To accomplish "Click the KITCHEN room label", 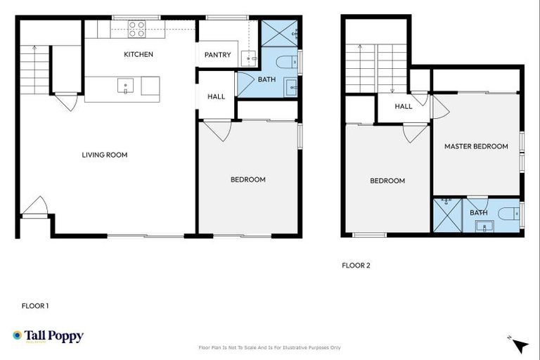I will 138,54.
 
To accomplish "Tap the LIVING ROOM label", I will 105,155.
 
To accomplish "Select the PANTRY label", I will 217,55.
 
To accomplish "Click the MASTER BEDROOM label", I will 475,146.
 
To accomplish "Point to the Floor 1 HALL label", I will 216,96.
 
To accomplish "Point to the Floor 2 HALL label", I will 403,106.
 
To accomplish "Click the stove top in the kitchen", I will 136,29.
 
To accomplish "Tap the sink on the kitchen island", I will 126,86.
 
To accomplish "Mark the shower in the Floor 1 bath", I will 279,32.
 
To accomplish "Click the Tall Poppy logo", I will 48,336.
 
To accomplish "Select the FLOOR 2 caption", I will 355,265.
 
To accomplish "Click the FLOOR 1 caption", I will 34,306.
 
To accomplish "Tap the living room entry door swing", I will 34,207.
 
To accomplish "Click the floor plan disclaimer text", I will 270,347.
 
